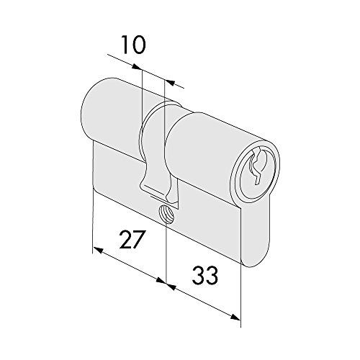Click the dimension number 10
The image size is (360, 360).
tap(133, 45)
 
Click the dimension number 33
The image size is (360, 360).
tap(205, 275)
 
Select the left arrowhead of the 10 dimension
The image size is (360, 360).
tap(137, 67)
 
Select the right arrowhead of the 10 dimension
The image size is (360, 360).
tap(169, 82)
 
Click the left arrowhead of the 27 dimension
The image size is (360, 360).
tap(98, 250)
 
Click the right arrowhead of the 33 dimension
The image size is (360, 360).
tap(235, 317)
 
